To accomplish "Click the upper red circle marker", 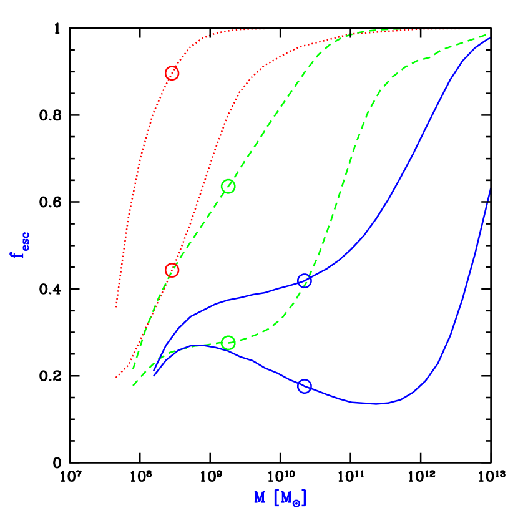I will pos(172,73).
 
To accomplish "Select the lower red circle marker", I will pos(172,270).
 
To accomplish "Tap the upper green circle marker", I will pos(228,186).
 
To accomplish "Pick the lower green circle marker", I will pos(228,343).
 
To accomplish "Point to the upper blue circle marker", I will pos(304,281).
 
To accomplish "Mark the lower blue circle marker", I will pos(304,386).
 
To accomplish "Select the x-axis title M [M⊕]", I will pos(281,497).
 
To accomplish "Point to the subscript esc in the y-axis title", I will pos(24,240).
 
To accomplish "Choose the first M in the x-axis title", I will pos(260,497).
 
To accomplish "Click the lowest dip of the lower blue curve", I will pos(374,404).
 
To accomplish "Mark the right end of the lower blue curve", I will pos(490,189).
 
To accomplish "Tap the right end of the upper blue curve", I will pos(490,39).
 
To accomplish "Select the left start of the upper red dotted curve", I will pos(116,307).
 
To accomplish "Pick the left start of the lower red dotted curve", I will pos(116,378).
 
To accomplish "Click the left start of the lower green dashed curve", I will pos(133,386).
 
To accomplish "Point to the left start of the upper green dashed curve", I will pos(133,369).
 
